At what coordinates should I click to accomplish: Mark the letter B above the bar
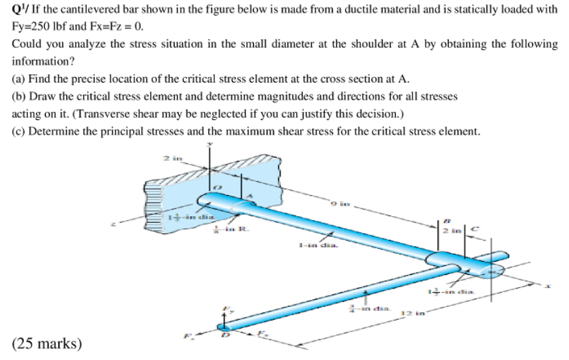coord(446,220)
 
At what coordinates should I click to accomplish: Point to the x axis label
coord(546,288)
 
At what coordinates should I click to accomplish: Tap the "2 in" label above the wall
coord(170,158)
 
